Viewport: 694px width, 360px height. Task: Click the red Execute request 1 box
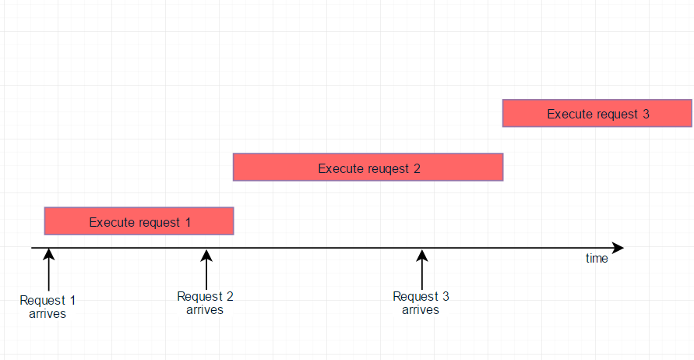click(x=139, y=221)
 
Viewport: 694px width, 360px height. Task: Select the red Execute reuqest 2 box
click(x=368, y=167)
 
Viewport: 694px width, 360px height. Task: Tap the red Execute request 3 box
click(x=597, y=113)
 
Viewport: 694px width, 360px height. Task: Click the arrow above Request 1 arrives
click(x=48, y=268)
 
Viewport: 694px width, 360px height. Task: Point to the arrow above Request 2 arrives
click(x=206, y=268)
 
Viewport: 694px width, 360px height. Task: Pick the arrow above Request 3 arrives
click(x=421, y=268)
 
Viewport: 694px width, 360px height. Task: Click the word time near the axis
click(x=597, y=259)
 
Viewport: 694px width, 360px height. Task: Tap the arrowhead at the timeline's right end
click(x=618, y=248)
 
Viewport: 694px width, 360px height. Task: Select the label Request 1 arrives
click(x=48, y=307)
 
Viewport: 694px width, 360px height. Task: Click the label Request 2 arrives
click(x=205, y=303)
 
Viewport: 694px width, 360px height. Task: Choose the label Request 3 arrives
click(x=421, y=303)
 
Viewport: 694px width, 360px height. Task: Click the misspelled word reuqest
click(x=383, y=168)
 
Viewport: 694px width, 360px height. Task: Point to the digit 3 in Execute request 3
click(x=646, y=114)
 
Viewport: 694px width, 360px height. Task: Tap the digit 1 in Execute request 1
click(x=188, y=222)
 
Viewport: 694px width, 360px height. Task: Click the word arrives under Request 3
click(x=421, y=310)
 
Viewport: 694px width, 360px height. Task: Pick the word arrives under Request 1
click(x=48, y=314)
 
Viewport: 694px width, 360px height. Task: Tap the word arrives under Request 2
click(x=205, y=310)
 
